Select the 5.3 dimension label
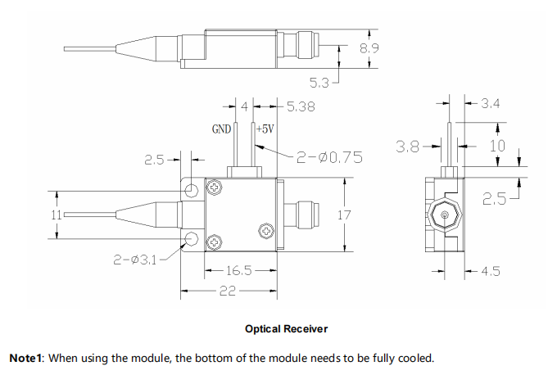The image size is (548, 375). coord(319,82)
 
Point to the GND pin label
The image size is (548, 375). coord(221,129)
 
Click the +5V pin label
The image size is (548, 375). coord(265,129)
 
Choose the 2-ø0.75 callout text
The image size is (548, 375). coord(329,156)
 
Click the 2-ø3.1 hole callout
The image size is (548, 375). coord(136,260)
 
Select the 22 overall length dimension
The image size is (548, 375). coord(227,291)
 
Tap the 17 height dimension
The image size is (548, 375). coord(344,216)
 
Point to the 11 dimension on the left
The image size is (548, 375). coord(56,215)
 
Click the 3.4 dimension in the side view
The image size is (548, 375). coord(489,103)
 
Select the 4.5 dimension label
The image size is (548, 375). coord(490,272)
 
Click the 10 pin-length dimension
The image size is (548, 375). coord(498,145)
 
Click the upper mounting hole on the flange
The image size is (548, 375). coord(192,191)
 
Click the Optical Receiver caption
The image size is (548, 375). coord(286,328)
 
